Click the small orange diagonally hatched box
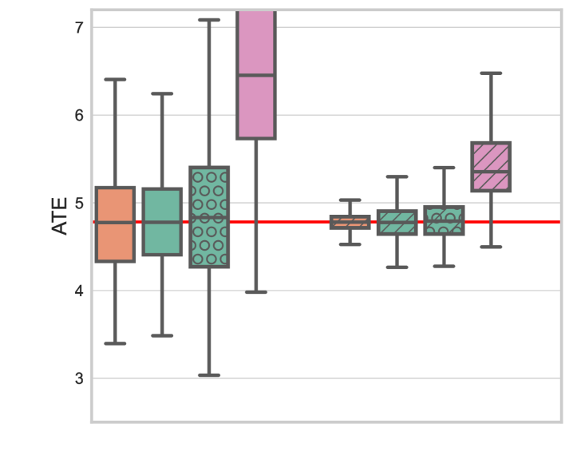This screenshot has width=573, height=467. pos(350,222)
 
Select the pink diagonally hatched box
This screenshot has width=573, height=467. pos(491,167)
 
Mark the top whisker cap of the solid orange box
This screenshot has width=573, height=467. pos(115,80)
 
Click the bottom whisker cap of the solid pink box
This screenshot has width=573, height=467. pos(256,292)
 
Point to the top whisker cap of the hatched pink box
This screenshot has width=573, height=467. pos(491,73)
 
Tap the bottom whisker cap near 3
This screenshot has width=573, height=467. pos(209,374)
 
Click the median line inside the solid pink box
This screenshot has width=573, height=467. pos(256,75)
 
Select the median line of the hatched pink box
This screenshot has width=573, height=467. pos(491,171)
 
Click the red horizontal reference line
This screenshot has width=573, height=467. pos(303,222)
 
